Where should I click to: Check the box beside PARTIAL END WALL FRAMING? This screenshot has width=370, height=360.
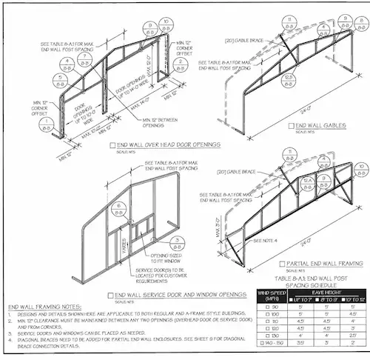[283, 264]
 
